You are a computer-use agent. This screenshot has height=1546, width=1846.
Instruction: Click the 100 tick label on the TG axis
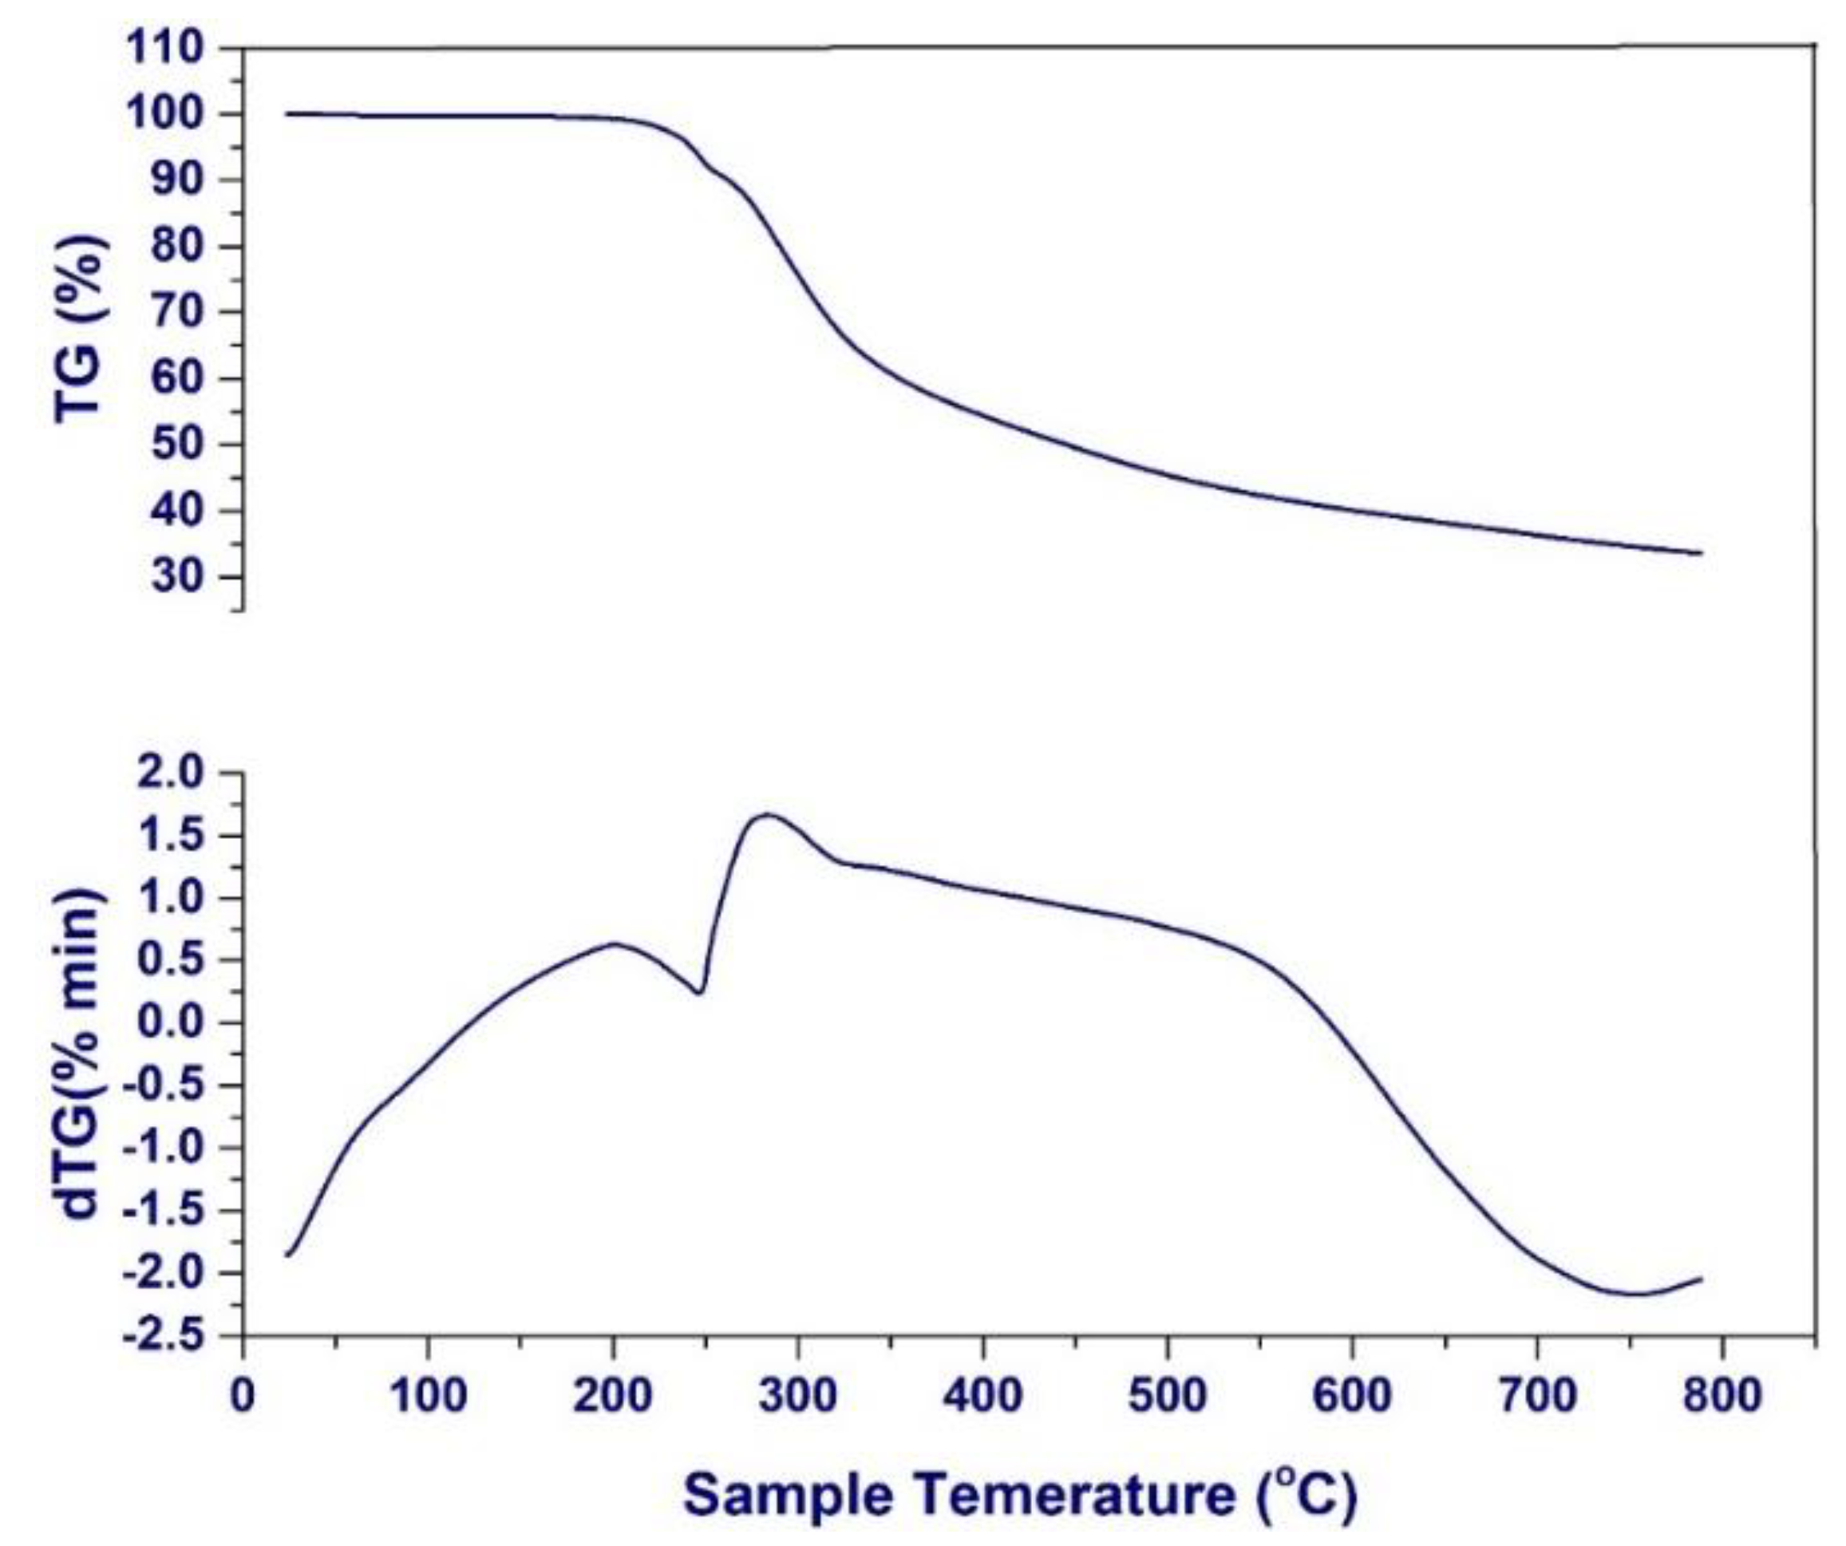(x=166, y=114)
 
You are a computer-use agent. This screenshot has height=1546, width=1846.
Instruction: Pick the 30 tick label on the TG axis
(x=180, y=577)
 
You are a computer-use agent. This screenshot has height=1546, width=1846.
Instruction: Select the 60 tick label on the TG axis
(x=180, y=379)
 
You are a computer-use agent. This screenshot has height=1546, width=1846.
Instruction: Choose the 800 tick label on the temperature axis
(x=1722, y=1397)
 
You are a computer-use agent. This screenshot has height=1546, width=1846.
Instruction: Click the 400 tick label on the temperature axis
(x=982, y=1397)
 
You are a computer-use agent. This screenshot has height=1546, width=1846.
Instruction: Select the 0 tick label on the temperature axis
(x=243, y=1397)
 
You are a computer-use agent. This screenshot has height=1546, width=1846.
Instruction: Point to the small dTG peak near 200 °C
(x=615, y=944)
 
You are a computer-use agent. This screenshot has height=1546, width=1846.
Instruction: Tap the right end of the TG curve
(x=1702, y=553)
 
